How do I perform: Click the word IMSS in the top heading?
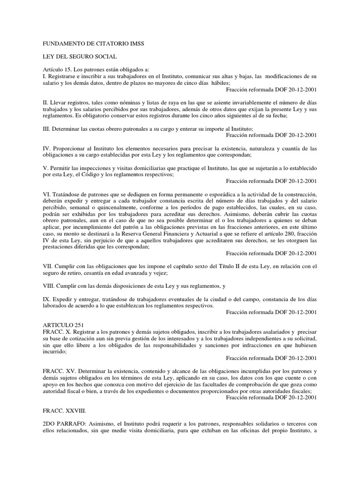point(137,44)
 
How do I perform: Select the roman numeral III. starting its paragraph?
point(46,128)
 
